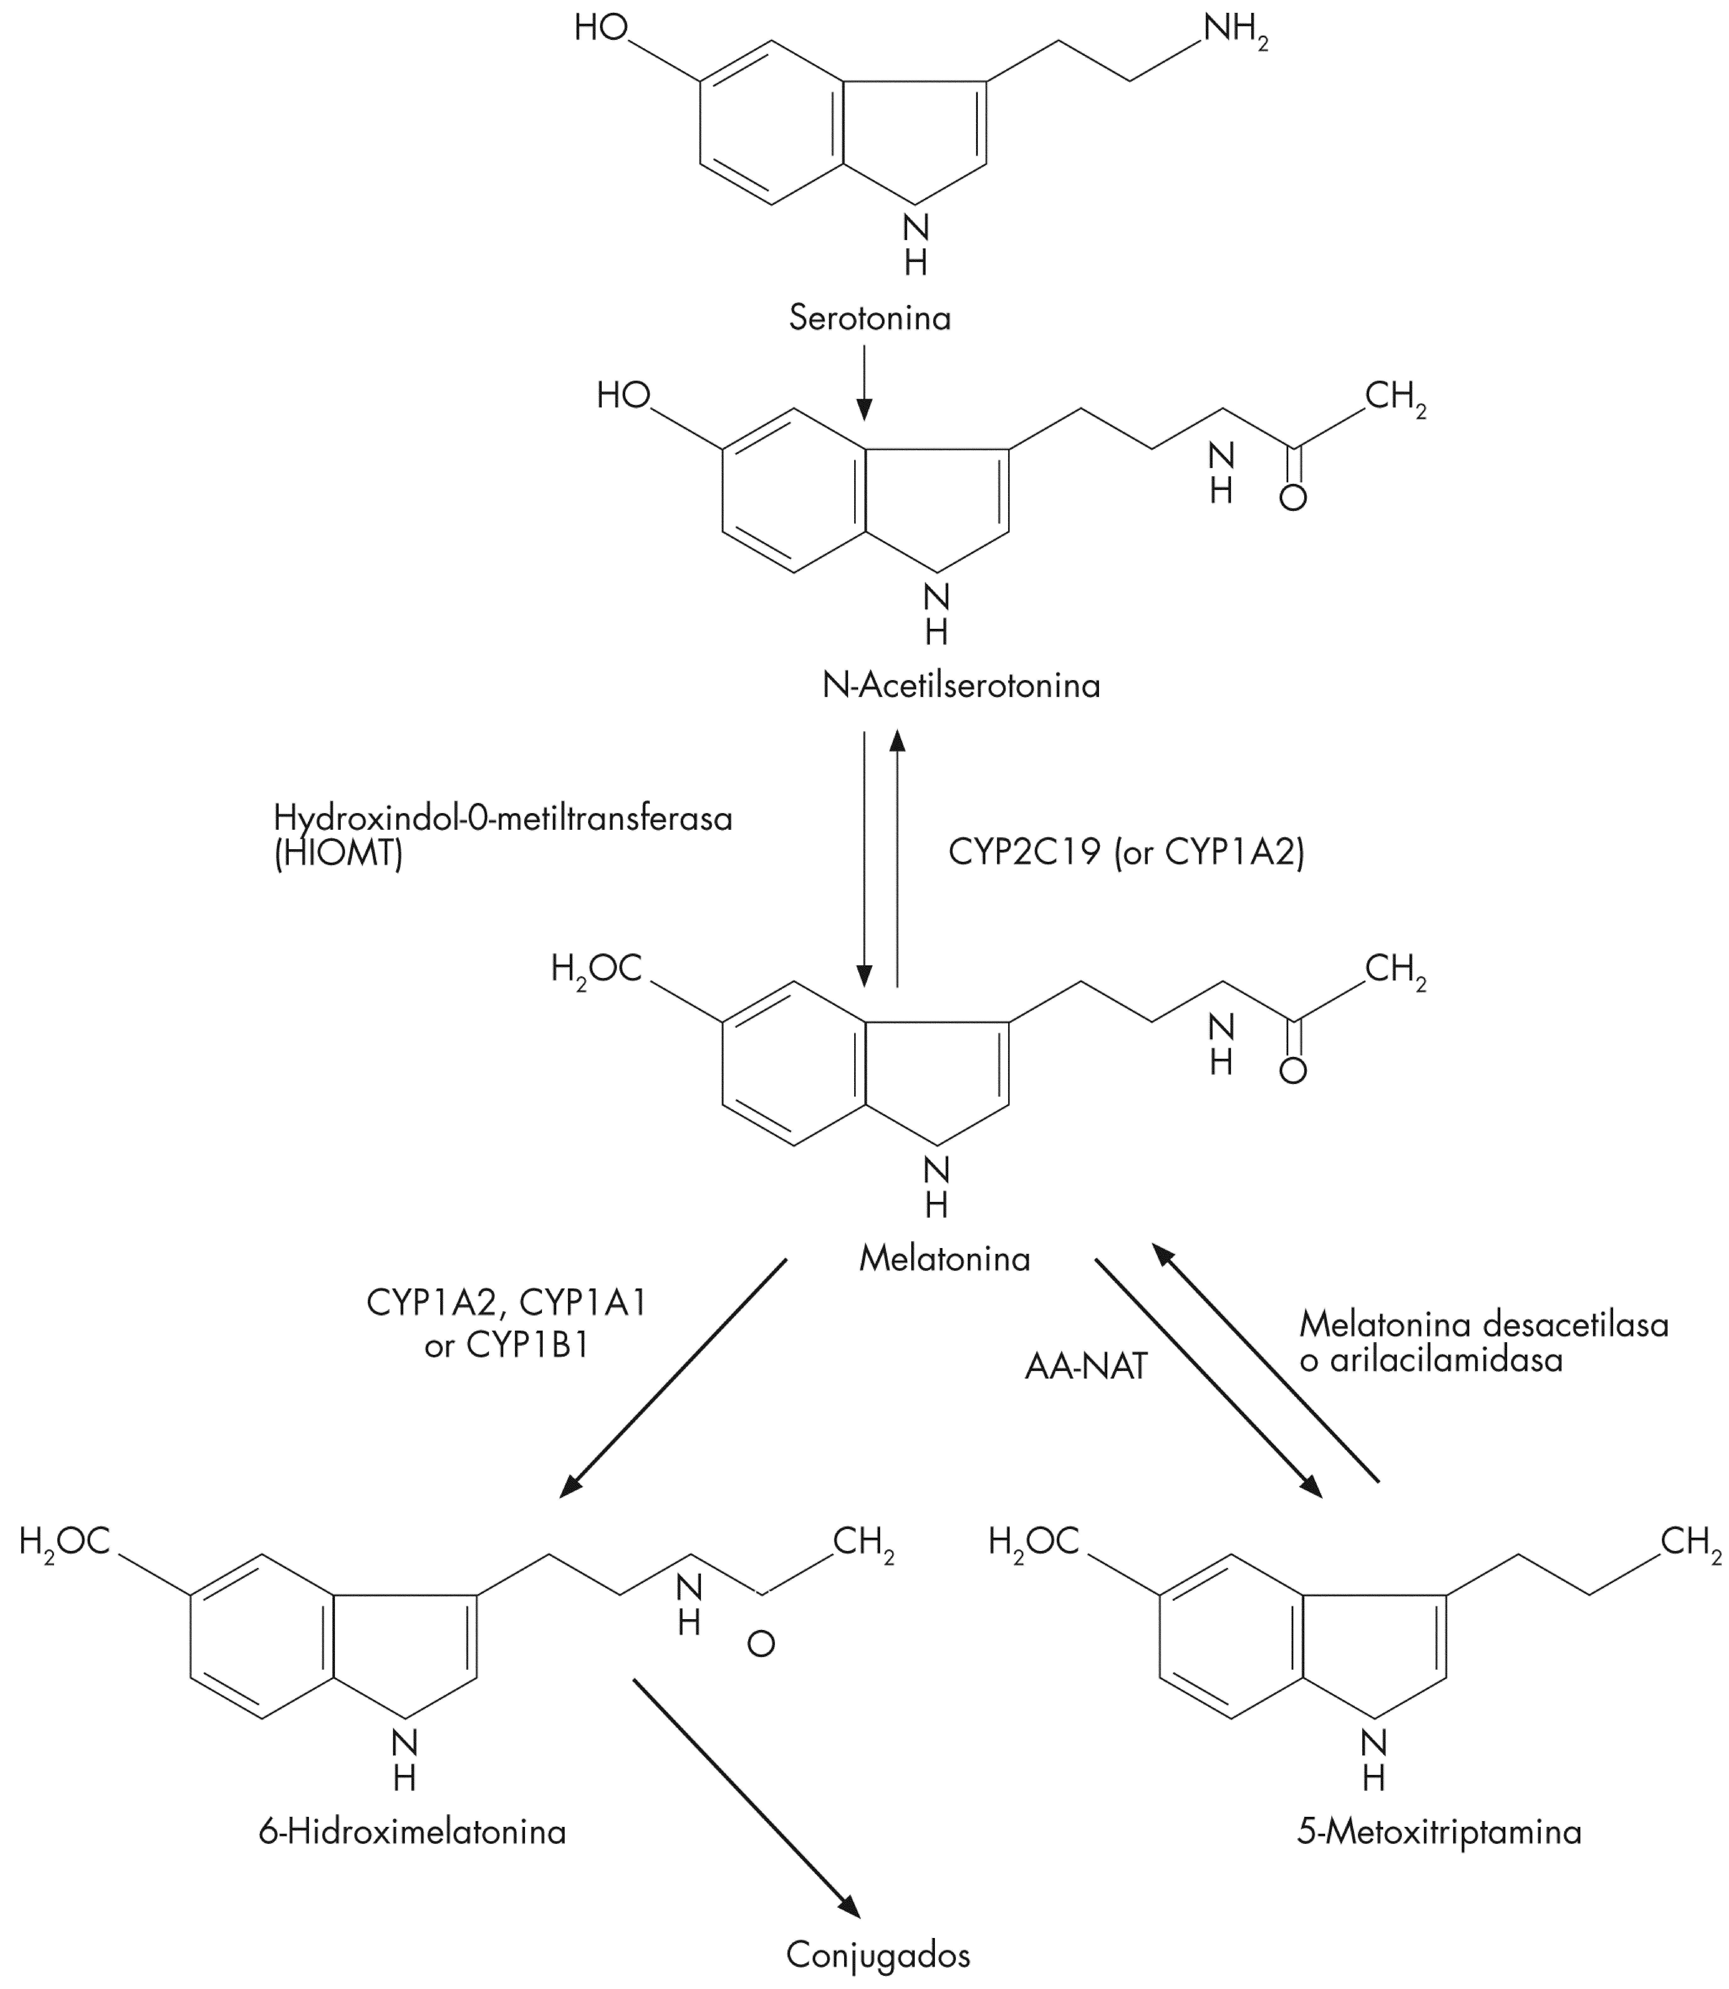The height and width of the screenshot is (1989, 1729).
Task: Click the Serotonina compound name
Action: point(869,318)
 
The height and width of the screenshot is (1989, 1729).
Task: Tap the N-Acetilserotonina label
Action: point(961,685)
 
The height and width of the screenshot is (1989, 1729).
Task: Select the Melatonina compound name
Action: point(945,1258)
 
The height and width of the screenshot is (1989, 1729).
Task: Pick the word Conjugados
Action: point(878,1954)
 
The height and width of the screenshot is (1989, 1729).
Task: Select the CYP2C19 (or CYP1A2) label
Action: point(1126,852)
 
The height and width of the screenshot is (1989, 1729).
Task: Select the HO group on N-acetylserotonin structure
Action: point(623,395)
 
